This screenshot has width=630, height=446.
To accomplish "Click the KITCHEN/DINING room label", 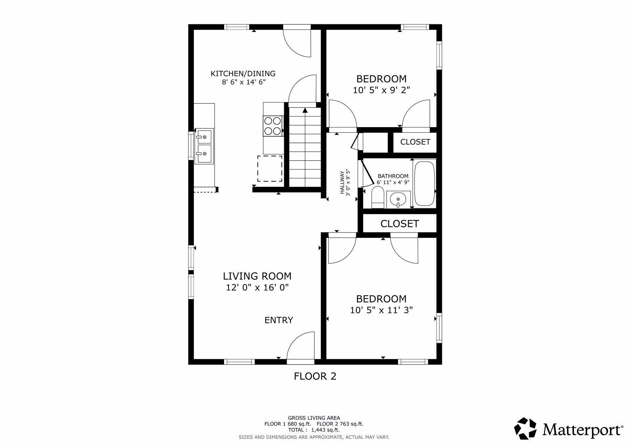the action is click(243, 74).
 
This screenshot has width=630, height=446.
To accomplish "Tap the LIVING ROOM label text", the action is click(257, 276).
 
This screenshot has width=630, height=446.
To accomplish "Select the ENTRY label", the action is click(279, 320).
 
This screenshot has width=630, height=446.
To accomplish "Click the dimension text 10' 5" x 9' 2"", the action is click(382, 90).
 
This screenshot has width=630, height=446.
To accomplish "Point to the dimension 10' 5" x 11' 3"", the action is click(381, 310).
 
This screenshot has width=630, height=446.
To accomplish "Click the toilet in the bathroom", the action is click(378, 197).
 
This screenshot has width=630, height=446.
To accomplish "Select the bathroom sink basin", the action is click(398, 199).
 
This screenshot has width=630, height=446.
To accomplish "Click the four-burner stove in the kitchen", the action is click(273, 126).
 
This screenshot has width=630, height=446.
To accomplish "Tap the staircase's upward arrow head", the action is click(305, 110).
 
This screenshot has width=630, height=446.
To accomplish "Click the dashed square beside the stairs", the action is click(270, 168).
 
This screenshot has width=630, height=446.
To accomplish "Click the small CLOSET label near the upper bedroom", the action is click(415, 142).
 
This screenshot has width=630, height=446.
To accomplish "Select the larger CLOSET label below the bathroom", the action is click(399, 224).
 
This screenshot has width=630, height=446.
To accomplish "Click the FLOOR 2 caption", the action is click(315, 376).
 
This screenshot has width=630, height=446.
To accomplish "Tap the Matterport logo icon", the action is click(525, 428).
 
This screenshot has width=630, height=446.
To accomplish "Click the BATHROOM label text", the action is click(393, 176).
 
